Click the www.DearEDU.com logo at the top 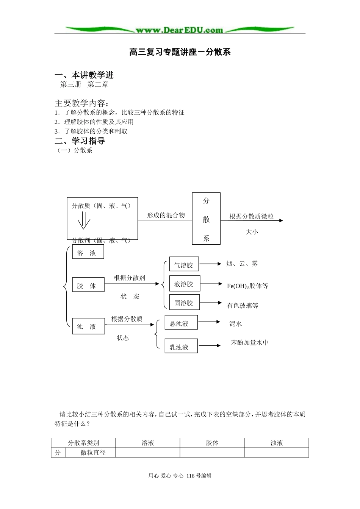(180, 30)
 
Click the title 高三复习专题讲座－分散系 (180, 52)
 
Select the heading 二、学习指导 (80, 141)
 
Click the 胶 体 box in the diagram (88, 285)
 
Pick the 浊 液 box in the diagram (88, 326)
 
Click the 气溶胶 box (184, 265)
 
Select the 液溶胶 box (184, 284)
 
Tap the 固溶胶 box (184, 303)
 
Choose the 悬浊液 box (181, 323)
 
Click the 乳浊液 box (181, 346)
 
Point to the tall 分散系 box (206, 219)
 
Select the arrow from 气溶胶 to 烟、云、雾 (210, 264)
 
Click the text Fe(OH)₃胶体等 (247, 286)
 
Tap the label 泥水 (235, 324)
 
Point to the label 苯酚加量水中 (250, 342)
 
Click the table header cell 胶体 (212, 443)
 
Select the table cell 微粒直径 (93, 453)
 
